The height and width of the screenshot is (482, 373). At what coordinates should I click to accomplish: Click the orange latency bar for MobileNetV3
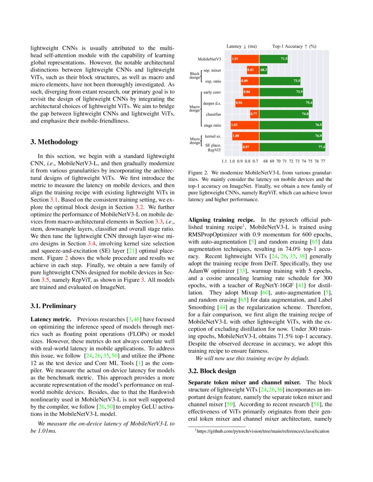(x=244, y=58)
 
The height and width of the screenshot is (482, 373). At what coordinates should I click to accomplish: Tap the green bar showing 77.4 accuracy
(x=292, y=147)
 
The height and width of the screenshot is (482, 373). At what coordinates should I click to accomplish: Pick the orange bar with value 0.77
(x=254, y=114)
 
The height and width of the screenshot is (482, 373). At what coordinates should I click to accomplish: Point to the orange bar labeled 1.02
(x=244, y=125)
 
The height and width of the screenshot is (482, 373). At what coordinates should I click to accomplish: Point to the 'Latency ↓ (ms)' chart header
(x=241, y=46)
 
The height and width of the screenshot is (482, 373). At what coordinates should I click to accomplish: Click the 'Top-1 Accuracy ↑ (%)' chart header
(x=294, y=46)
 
